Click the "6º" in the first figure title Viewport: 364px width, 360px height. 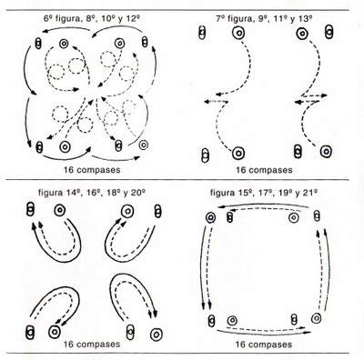47,19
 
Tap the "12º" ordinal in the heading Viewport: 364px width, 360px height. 134,19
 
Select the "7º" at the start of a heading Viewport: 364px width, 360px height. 220,19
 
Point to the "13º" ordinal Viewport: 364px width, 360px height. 307,19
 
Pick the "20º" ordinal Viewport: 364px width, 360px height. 137,193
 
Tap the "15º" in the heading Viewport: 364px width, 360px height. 242,193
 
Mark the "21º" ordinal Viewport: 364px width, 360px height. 311,193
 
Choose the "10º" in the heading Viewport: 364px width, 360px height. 106,19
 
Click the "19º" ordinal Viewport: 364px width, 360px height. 284,193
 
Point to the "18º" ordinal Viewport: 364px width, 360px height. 111,193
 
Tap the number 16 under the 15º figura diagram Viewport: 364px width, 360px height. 240,345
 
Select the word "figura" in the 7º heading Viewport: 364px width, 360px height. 238,19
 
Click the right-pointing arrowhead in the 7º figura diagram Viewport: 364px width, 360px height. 325,95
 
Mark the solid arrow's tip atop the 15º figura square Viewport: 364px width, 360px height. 218,207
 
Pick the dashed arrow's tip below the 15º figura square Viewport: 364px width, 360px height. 305,327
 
